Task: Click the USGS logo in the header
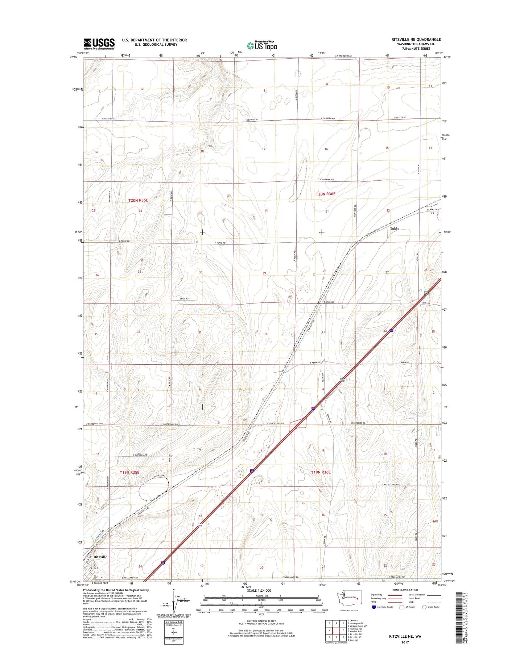[99, 44]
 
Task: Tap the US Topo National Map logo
[262, 45]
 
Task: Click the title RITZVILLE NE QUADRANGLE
[416, 39]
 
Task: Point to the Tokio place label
[395, 228]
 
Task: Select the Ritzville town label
[100, 557]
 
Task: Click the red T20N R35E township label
[138, 200]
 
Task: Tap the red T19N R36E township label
[321, 472]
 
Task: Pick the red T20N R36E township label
[325, 194]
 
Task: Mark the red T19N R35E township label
[129, 473]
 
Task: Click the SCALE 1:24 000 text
[259, 591]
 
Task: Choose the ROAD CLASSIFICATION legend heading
[405, 590]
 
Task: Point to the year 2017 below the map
[405, 642]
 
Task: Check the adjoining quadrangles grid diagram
[336, 630]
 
